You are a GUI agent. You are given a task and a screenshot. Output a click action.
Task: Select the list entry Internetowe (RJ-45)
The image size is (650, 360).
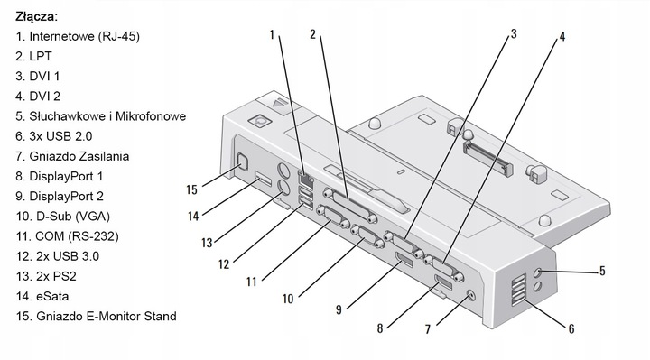pyautogui.click(x=77, y=36)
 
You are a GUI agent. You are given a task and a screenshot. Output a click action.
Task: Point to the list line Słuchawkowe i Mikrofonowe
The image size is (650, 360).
pyautogui.click(x=100, y=116)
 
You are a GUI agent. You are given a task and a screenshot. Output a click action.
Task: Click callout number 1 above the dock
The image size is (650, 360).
pyautogui.click(x=271, y=35)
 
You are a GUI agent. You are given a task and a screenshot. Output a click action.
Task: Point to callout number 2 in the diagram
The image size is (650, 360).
pyautogui.click(x=312, y=35)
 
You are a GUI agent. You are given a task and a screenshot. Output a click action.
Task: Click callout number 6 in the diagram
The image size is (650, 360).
pyautogui.click(x=571, y=328)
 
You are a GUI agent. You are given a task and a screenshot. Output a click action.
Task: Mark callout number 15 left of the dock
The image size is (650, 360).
pyautogui.click(x=191, y=189)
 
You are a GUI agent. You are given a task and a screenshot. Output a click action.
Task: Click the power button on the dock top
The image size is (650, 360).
pyautogui.click(x=262, y=117)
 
